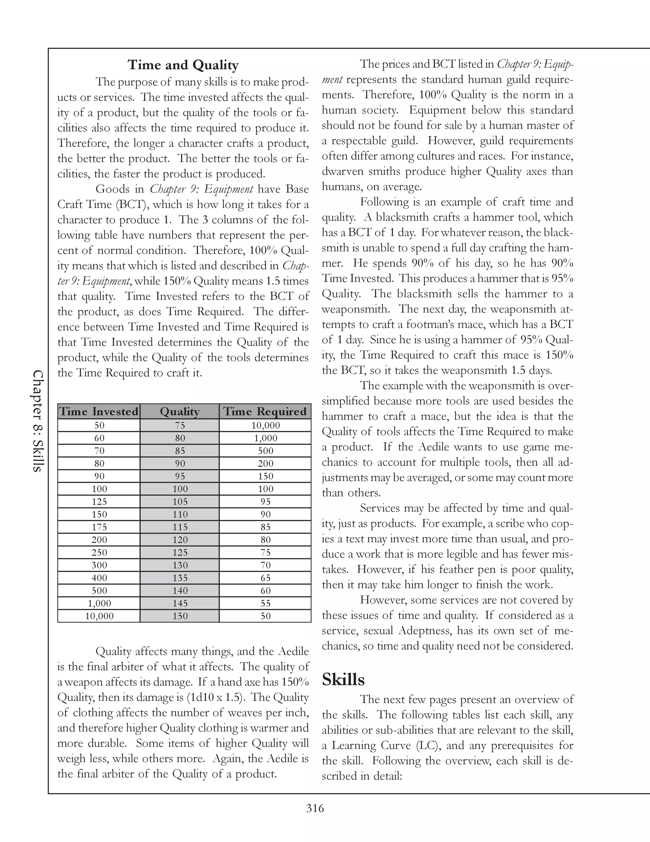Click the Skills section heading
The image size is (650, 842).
[343, 679]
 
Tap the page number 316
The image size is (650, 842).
[315, 808]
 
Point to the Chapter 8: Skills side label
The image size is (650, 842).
[38, 421]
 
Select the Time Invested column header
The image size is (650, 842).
[99, 411]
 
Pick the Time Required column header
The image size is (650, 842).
[265, 411]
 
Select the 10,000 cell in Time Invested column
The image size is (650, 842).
[99, 616]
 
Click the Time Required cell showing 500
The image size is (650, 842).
[265, 451]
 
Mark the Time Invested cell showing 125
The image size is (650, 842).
[99, 502]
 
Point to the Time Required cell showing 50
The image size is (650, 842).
[265, 616]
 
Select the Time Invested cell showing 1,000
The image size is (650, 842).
[99, 603]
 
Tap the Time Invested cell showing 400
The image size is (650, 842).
[99, 578]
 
